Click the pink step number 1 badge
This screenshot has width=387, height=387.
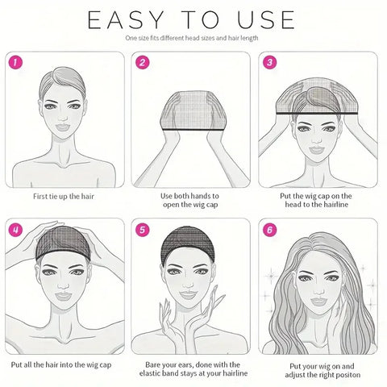coord(14,62)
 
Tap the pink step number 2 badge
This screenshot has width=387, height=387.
coord(142,62)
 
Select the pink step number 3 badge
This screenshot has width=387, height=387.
coord(270,62)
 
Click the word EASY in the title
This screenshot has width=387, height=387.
coord(123,19)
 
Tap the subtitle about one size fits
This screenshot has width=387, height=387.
coord(193,38)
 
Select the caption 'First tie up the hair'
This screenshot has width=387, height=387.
coord(64,196)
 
